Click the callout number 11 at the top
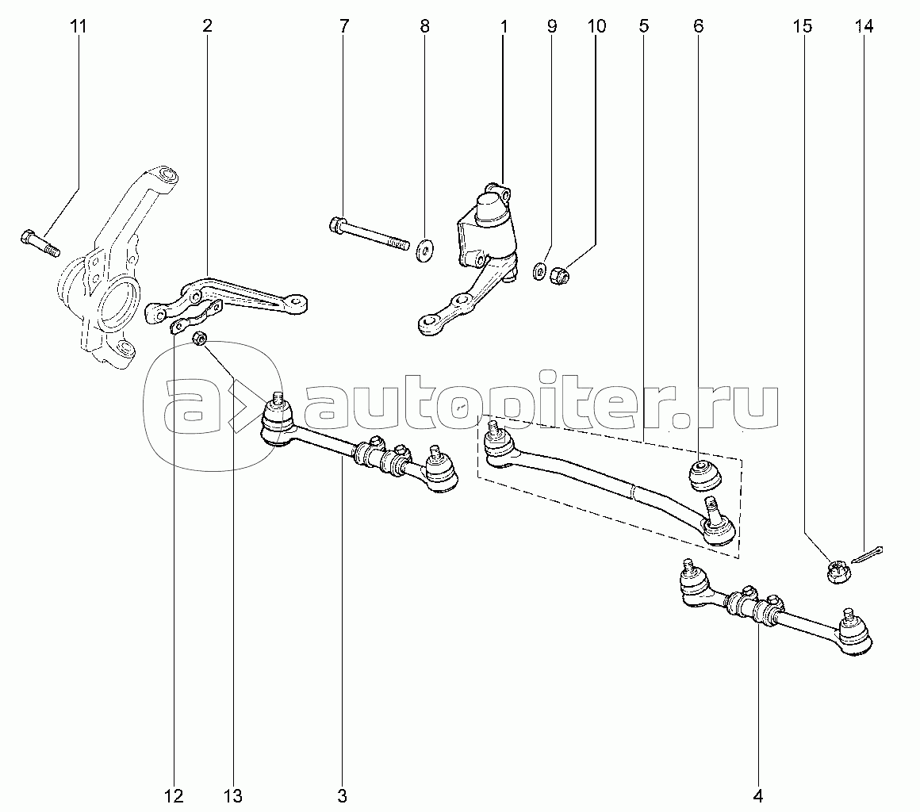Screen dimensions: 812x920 pyautogui.click(x=78, y=26)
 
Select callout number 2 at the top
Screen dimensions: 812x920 pyautogui.click(x=207, y=26)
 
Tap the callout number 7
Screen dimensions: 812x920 pyautogui.click(x=343, y=26)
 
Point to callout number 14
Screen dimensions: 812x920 pyautogui.click(x=864, y=26)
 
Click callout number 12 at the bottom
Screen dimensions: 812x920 pyautogui.click(x=174, y=795)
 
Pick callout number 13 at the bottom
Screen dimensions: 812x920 pyautogui.click(x=232, y=795)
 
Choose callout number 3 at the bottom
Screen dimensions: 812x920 pyautogui.click(x=343, y=795)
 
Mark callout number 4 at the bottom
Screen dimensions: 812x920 pyautogui.click(x=758, y=795)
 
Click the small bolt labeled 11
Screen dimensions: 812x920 pyautogui.click(x=37, y=241)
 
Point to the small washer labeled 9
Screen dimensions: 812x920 pyautogui.click(x=540, y=272)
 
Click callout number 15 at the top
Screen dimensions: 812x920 pyautogui.click(x=802, y=26)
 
